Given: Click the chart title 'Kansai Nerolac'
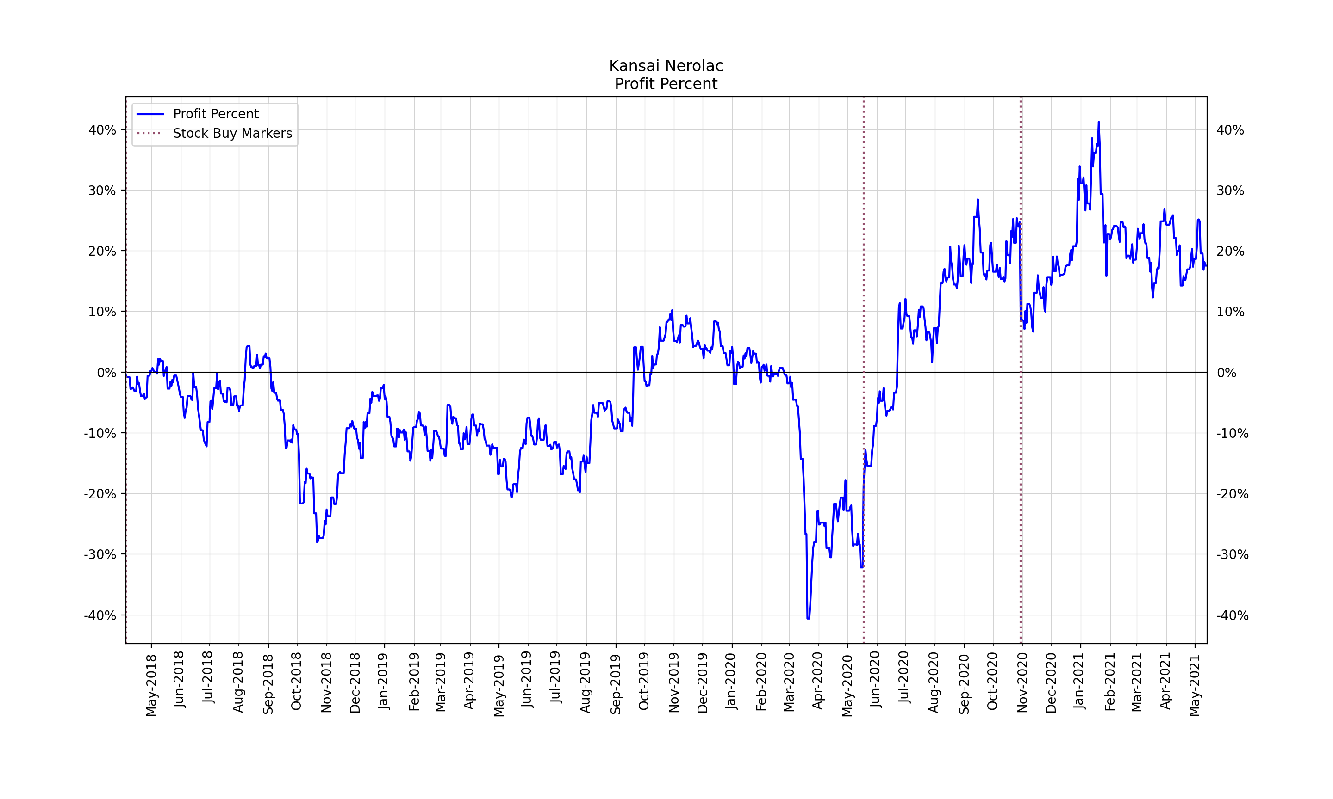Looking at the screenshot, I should click(x=666, y=66).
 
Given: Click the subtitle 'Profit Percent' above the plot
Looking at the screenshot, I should click(x=666, y=84).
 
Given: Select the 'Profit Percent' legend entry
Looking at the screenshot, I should click(x=216, y=114).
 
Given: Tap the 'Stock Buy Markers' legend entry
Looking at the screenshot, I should click(x=232, y=134).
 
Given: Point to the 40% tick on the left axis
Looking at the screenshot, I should click(x=102, y=130).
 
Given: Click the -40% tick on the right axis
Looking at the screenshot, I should click(x=1232, y=615).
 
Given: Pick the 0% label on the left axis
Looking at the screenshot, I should click(x=106, y=373).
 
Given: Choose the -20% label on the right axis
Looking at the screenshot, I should click(x=1232, y=494).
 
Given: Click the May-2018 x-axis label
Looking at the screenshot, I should click(x=151, y=685).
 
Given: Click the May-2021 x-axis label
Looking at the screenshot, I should click(x=1195, y=685).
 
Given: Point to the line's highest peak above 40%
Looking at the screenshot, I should click(x=1099, y=122).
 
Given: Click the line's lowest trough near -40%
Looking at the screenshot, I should click(x=808, y=618).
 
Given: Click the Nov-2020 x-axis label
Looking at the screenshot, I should click(x=1022, y=682).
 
